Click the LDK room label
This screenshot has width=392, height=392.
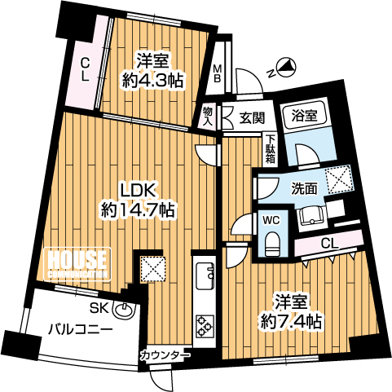point(139,190)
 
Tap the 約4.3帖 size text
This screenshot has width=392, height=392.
point(152,81)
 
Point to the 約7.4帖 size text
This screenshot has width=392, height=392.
point(291,322)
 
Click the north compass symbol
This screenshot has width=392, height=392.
point(286,66)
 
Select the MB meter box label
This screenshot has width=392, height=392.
point(217,73)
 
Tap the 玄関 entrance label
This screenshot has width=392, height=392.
point(252,118)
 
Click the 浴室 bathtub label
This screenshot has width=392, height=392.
point(304,116)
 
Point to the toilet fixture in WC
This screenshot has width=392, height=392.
point(272,244)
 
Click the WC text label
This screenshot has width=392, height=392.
point(271,220)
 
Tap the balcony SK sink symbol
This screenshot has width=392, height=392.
point(124,310)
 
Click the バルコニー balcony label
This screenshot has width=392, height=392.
point(81,329)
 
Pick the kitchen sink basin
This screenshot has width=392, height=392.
point(205,276)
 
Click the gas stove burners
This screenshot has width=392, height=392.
point(205,326)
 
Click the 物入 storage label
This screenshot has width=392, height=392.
point(208,116)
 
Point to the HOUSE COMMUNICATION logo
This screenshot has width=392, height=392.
point(77,264)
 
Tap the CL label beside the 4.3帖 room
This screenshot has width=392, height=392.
point(86,70)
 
